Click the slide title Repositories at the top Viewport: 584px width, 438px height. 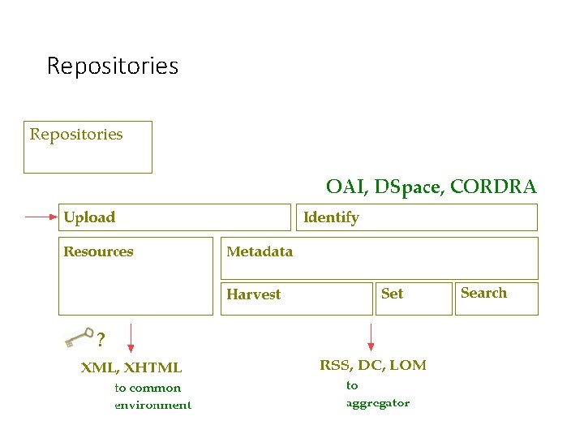(x=112, y=66)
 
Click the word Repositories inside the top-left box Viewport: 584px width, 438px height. (x=76, y=135)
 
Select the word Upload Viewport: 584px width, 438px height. (x=89, y=217)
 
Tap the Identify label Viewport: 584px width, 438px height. (x=331, y=217)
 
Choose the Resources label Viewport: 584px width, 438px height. (x=98, y=251)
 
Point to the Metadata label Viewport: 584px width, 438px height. (x=260, y=251)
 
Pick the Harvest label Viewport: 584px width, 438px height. (x=254, y=294)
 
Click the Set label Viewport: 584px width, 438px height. (x=392, y=294)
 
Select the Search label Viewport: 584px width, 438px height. (x=483, y=293)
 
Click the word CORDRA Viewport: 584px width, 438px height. (x=493, y=187)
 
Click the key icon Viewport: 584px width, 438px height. (x=79, y=336)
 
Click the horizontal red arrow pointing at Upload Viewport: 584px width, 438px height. (x=41, y=217)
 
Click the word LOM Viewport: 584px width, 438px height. (x=408, y=365)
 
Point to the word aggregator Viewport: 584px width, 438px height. (x=378, y=403)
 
